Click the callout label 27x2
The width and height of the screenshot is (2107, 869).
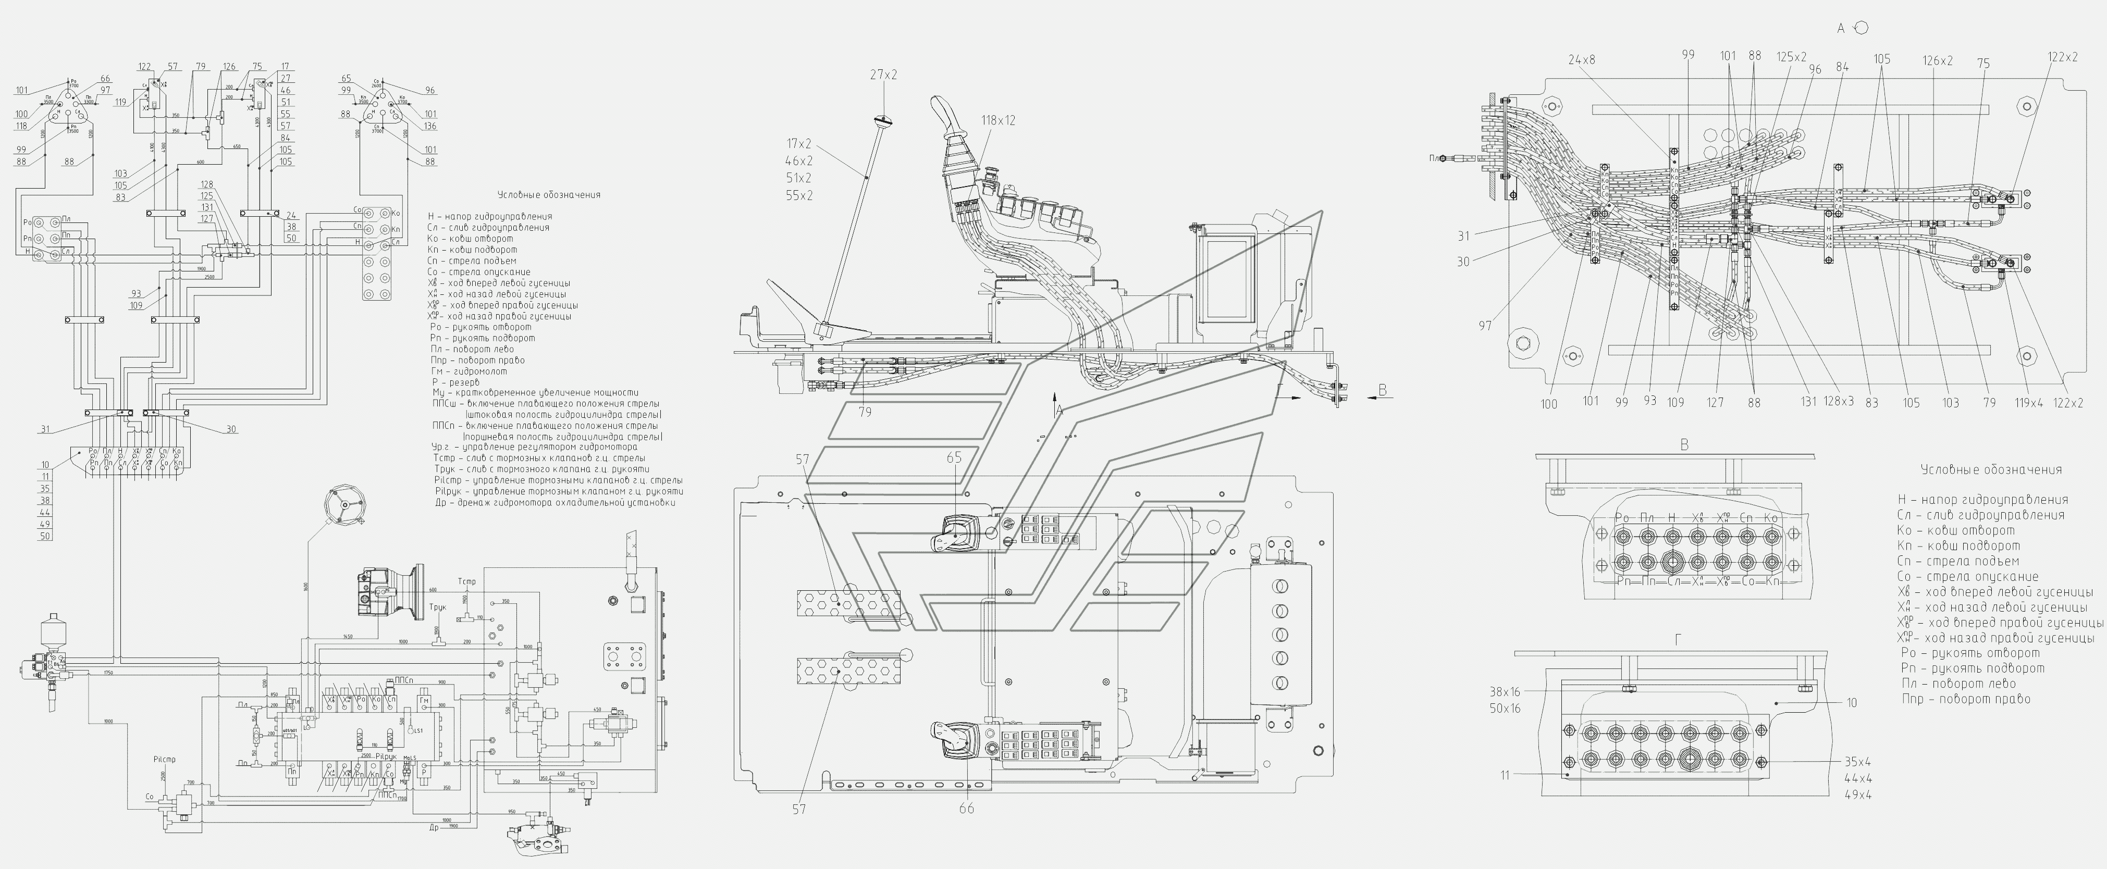(x=883, y=75)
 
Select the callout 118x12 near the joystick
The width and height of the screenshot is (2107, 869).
(x=999, y=120)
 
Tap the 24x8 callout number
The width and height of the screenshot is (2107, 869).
(x=1582, y=60)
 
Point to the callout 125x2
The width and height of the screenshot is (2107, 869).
(x=1791, y=57)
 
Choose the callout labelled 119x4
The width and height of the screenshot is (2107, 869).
(x=2028, y=402)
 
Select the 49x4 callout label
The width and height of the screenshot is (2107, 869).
(x=1858, y=794)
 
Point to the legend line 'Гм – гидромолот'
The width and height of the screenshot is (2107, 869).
(x=470, y=371)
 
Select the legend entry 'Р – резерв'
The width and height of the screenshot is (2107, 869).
(x=455, y=382)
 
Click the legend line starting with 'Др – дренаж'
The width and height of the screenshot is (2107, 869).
(x=556, y=503)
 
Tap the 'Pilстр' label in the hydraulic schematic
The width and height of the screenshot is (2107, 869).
(x=164, y=760)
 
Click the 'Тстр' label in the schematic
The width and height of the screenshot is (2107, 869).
(x=467, y=581)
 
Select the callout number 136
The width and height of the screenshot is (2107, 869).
(x=430, y=126)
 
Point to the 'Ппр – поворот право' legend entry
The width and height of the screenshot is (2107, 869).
(x=1965, y=699)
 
